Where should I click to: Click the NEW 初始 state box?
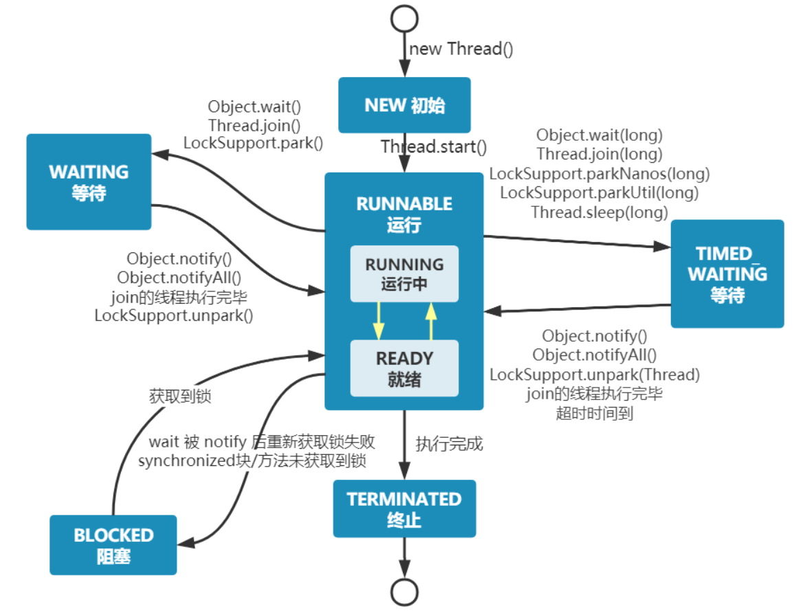click(x=404, y=105)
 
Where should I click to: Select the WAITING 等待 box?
click(x=89, y=182)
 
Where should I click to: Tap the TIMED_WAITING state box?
click(x=727, y=274)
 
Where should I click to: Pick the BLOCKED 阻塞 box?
click(x=113, y=545)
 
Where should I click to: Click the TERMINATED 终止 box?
click(x=404, y=509)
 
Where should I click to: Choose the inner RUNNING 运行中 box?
click(x=404, y=274)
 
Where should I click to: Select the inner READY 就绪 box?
click(x=404, y=368)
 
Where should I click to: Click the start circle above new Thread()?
click(x=404, y=19)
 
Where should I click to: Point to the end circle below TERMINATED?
click(x=404, y=592)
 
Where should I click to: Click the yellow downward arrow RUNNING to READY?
click(x=379, y=321)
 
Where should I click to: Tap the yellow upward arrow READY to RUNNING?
click(x=431, y=321)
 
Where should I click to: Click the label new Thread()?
click(x=461, y=49)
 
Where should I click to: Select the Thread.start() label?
click(x=434, y=147)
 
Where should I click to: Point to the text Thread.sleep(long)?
click(x=599, y=212)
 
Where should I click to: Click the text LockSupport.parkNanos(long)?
click(x=599, y=174)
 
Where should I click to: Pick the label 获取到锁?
click(x=179, y=396)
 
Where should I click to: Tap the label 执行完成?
click(x=449, y=443)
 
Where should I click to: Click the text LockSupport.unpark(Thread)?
click(x=595, y=375)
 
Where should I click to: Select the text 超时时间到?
click(x=595, y=413)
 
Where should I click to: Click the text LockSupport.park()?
click(x=254, y=143)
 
